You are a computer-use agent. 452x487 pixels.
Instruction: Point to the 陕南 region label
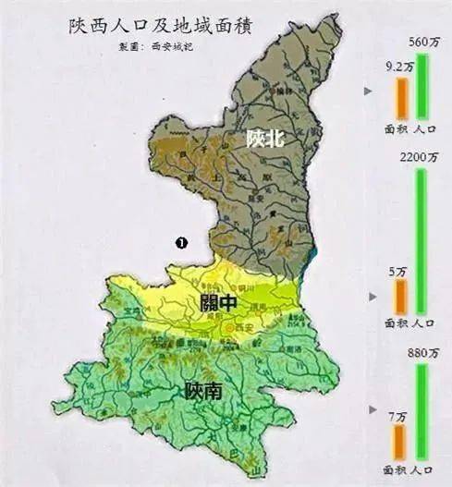pos(202,392)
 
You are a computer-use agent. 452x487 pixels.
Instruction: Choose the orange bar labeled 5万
pos(400,296)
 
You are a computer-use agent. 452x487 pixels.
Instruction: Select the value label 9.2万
pos(398,66)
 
